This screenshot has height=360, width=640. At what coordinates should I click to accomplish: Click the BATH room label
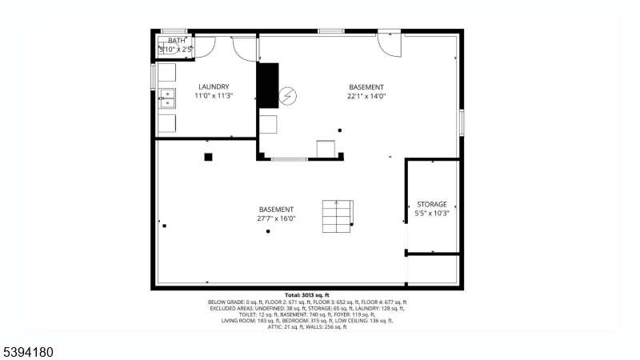(x=176, y=41)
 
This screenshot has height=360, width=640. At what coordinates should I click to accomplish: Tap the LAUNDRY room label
(x=214, y=87)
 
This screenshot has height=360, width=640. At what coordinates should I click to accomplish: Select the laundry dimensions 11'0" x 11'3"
(x=214, y=96)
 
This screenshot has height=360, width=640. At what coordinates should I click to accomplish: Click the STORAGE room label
(x=432, y=205)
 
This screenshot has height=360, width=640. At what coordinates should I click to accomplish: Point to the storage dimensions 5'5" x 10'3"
(x=432, y=214)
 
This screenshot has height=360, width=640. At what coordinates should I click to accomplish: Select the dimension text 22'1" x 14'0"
(x=366, y=96)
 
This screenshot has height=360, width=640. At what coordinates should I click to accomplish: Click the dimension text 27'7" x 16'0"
(x=277, y=218)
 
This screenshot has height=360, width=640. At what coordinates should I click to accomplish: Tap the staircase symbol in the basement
(x=337, y=214)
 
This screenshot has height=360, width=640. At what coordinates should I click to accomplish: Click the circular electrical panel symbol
(x=287, y=97)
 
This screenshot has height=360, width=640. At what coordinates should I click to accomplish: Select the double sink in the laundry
(x=167, y=98)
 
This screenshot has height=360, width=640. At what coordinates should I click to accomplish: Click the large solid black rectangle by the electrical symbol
(x=266, y=84)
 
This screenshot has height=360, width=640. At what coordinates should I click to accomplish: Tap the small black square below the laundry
(x=208, y=157)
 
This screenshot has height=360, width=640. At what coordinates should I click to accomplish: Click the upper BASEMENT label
(x=366, y=87)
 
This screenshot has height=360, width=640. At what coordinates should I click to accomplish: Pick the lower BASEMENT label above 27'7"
(x=277, y=210)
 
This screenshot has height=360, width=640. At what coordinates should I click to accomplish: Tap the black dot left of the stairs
(x=268, y=231)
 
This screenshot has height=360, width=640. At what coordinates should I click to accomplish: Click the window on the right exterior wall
(x=462, y=122)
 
